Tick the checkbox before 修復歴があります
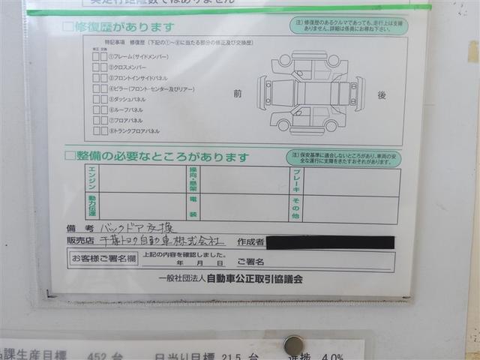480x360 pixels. tap(69, 27)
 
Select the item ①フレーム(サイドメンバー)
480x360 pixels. tap(139, 56)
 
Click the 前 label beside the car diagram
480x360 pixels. tap(238, 94)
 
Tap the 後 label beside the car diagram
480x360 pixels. tap(382, 95)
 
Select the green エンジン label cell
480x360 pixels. tap(91, 180)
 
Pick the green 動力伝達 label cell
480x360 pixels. tap(91, 207)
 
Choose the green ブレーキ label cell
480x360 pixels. tap(297, 181)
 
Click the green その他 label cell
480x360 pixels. tap(297, 207)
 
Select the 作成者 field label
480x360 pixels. tap(249, 242)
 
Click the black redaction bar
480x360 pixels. tap(330, 242)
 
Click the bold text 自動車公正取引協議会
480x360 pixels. tap(255, 278)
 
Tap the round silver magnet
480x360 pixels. tap(293, 345)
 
